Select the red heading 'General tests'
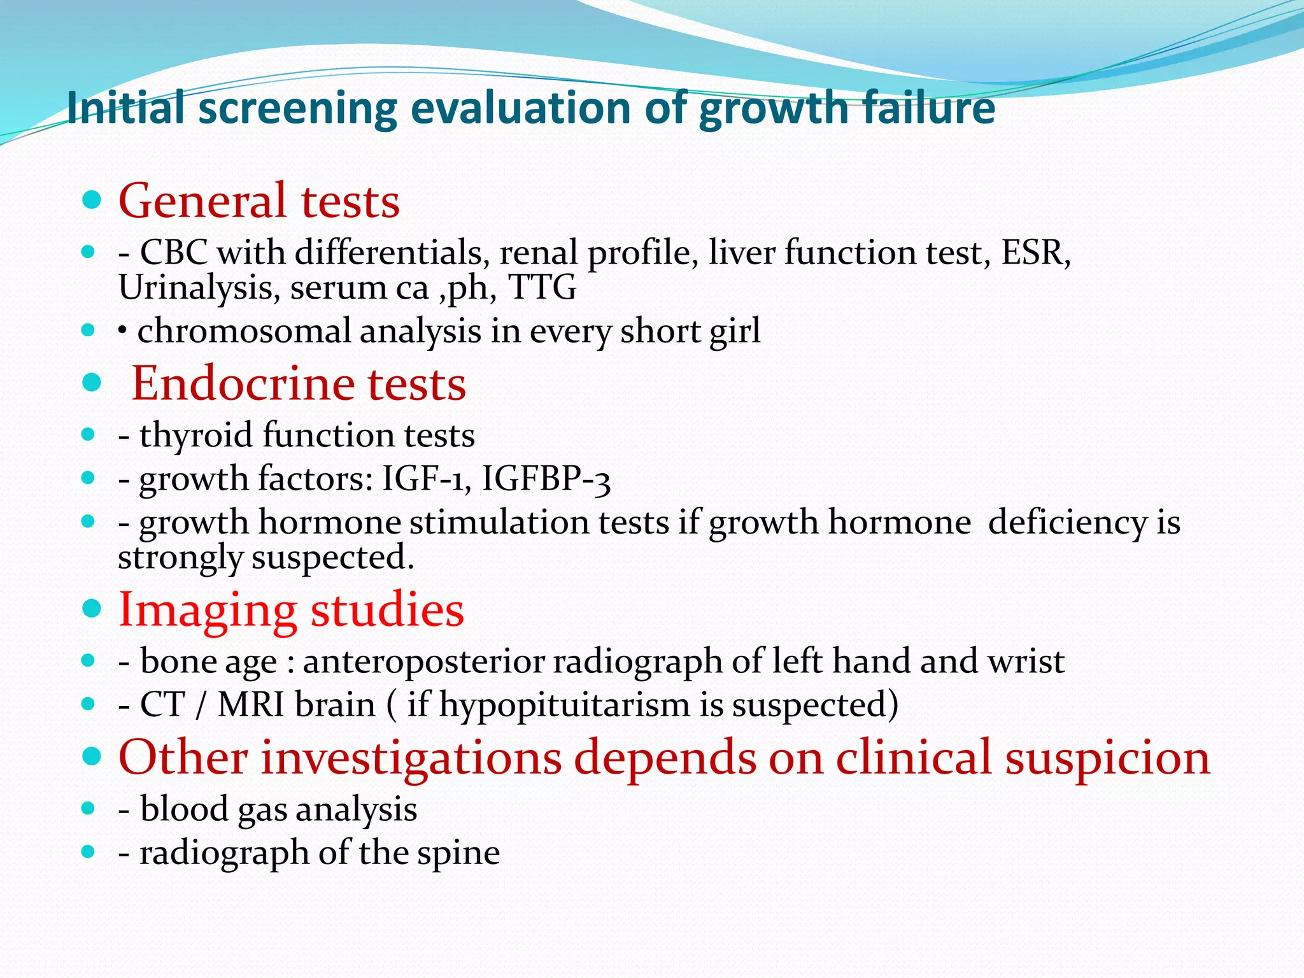(x=259, y=201)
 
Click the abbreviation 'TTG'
(x=542, y=287)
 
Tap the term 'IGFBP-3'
(x=546, y=479)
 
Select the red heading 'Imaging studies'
(x=291, y=609)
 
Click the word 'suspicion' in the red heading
(x=1107, y=758)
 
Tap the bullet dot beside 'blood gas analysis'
(x=89, y=809)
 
